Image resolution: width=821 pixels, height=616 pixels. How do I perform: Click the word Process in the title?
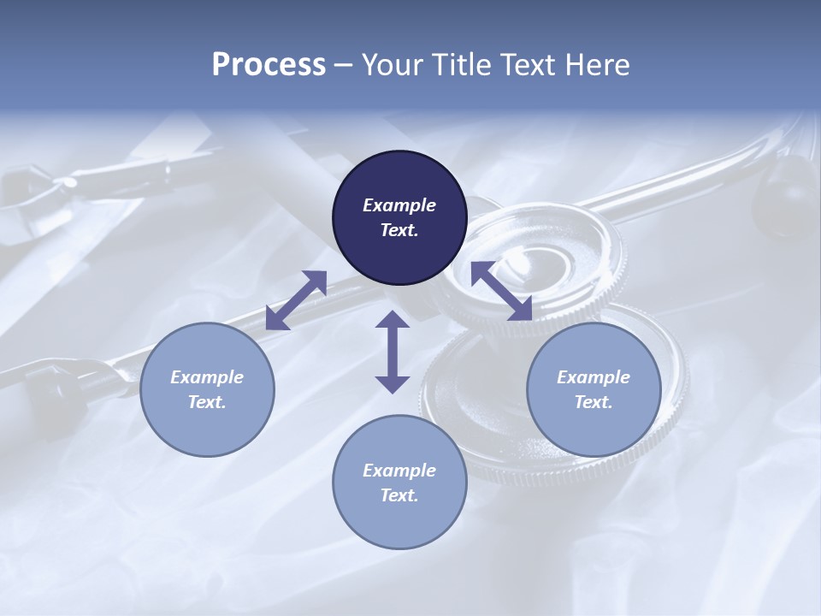[x=269, y=65]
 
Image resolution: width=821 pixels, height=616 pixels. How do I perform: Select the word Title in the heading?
[x=462, y=65]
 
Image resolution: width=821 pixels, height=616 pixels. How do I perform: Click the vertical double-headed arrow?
[x=393, y=352]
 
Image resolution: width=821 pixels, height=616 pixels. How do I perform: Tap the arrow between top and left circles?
[x=297, y=299]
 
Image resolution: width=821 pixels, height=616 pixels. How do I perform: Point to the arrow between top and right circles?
[x=501, y=292]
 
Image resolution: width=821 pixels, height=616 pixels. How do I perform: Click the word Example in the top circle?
[x=399, y=205]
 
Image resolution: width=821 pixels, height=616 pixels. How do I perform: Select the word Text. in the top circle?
[x=399, y=230]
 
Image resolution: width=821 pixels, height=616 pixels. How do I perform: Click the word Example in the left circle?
[x=207, y=377]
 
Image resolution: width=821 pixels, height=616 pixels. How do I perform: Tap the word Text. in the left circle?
[x=207, y=402]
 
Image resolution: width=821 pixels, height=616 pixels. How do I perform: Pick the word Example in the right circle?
[x=594, y=377]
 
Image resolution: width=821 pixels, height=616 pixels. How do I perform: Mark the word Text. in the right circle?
[x=594, y=402]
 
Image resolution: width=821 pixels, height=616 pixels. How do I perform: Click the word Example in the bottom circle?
[x=399, y=471]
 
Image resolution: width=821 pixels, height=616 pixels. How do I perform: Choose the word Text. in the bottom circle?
[x=399, y=495]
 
